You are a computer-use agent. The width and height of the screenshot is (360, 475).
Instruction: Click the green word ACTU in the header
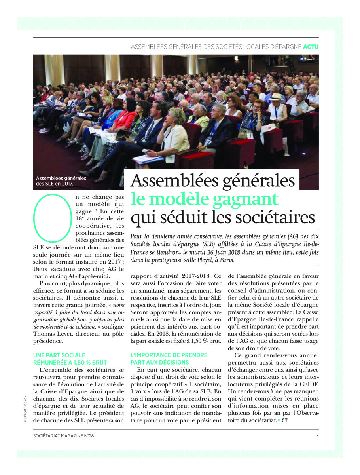click(x=311, y=47)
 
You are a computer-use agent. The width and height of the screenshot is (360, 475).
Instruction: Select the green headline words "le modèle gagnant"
click(x=205, y=199)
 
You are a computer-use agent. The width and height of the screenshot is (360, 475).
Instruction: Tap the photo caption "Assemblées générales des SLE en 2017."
click(x=61, y=180)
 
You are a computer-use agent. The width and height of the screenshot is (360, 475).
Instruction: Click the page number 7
click(x=317, y=434)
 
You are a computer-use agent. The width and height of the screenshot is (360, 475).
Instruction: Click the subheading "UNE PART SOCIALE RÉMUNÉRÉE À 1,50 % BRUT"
click(x=70, y=359)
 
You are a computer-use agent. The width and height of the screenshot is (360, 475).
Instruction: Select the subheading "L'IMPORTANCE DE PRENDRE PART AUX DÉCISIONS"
click(x=169, y=359)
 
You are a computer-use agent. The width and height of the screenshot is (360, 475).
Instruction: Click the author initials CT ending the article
click(x=284, y=420)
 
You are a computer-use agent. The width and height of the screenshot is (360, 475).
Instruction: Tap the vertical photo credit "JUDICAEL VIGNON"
click(x=25, y=404)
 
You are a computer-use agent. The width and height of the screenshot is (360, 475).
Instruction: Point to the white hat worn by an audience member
click(x=276, y=97)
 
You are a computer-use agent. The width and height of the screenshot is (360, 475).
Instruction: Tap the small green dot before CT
click(x=278, y=419)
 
